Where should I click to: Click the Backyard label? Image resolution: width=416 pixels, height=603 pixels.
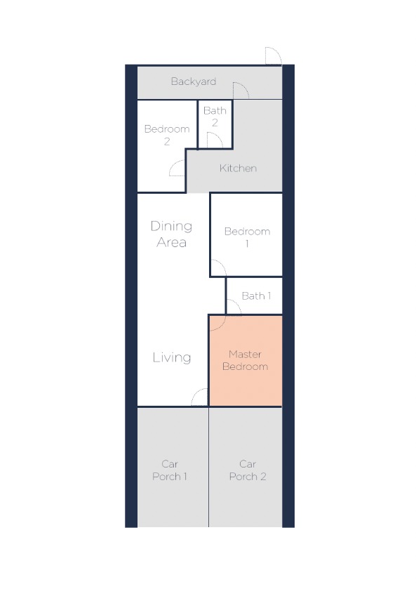pos(194,81)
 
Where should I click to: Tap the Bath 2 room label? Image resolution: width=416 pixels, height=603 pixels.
pos(215,116)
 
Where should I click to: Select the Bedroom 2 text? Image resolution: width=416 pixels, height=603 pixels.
pos(167,135)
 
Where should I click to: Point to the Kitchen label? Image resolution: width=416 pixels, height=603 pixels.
pos(238,168)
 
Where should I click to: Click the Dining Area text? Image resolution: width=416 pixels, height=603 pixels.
pos(171,234)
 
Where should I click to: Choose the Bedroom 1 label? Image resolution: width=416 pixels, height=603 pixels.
pos(247,237)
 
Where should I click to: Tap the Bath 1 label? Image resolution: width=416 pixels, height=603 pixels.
pos(257,296)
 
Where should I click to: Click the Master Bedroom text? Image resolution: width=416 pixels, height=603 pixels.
pos(246,360)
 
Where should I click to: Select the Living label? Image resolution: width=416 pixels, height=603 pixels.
pos(172,357)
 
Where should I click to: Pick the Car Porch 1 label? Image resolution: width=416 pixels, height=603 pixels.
pos(170,470)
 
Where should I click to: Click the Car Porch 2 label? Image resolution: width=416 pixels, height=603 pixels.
pos(248,470)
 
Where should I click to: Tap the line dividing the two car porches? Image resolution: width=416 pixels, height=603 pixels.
pos(208,467)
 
